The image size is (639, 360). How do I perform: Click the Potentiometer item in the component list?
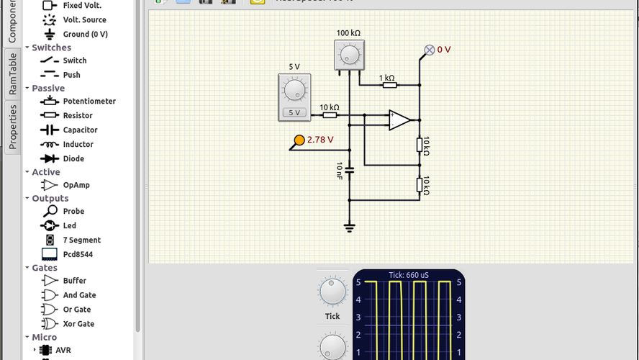(89, 102)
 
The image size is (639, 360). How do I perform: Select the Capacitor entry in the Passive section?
(79, 130)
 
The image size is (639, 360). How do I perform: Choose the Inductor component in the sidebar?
(78, 145)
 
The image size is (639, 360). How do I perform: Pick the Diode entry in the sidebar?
(73, 159)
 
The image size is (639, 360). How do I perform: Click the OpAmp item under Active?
(76, 185)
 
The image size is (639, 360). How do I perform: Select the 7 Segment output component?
(81, 240)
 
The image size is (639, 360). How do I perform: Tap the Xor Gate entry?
(78, 324)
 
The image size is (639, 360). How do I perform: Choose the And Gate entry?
(79, 295)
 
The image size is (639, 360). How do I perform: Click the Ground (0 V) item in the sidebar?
(85, 35)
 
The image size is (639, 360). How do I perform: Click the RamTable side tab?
(12, 74)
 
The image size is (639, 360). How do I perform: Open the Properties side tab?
(12, 127)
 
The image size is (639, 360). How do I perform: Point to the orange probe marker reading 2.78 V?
(299, 140)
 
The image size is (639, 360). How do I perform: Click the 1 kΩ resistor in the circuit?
(389, 85)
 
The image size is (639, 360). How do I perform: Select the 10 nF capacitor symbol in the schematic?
(350, 171)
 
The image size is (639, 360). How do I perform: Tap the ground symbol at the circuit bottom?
(350, 228)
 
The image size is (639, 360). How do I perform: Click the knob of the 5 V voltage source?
(294, 90)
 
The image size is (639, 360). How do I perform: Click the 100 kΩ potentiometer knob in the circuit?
(350, 55)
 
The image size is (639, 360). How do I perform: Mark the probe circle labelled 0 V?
(430, 50)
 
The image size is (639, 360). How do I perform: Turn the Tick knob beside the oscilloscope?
(332, 292)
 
